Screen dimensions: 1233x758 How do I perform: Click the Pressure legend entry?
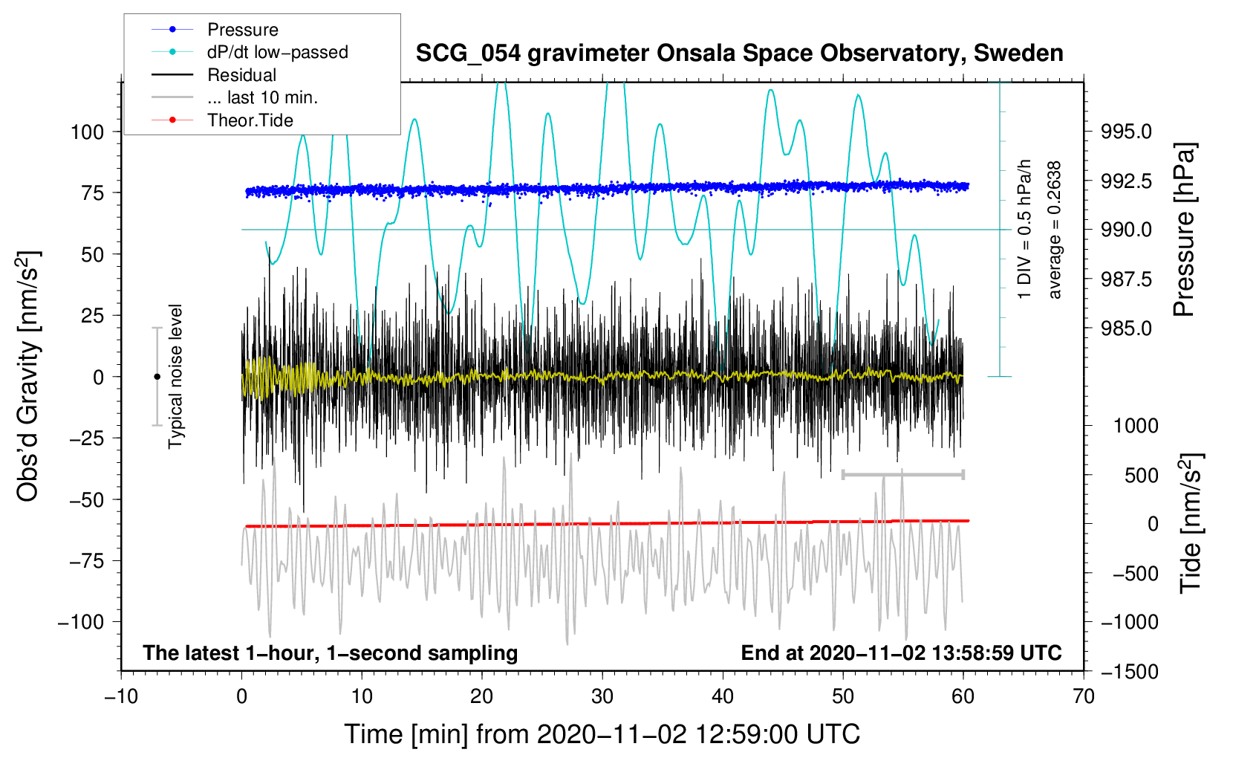(x=215, y=29)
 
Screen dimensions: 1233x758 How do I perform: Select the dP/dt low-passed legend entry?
(x=250, y=52)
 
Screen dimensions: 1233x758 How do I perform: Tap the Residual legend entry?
(x=214, y=74)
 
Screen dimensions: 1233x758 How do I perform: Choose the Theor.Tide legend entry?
(x=222, y=120)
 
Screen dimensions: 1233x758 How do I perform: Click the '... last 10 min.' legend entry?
(x=235, y=97)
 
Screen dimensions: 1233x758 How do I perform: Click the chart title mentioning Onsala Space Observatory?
(x=739, y=53)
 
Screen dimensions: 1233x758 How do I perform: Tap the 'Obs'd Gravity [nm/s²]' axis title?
(x=27, y=376)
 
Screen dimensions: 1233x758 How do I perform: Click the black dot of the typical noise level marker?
(x=157, y=377)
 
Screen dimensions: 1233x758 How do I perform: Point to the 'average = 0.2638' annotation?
(x=1054, y=230)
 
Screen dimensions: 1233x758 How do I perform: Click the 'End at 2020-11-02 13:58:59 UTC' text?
(x=901, y=652)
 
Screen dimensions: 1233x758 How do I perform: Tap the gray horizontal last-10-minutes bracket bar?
(x=902, y=474)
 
